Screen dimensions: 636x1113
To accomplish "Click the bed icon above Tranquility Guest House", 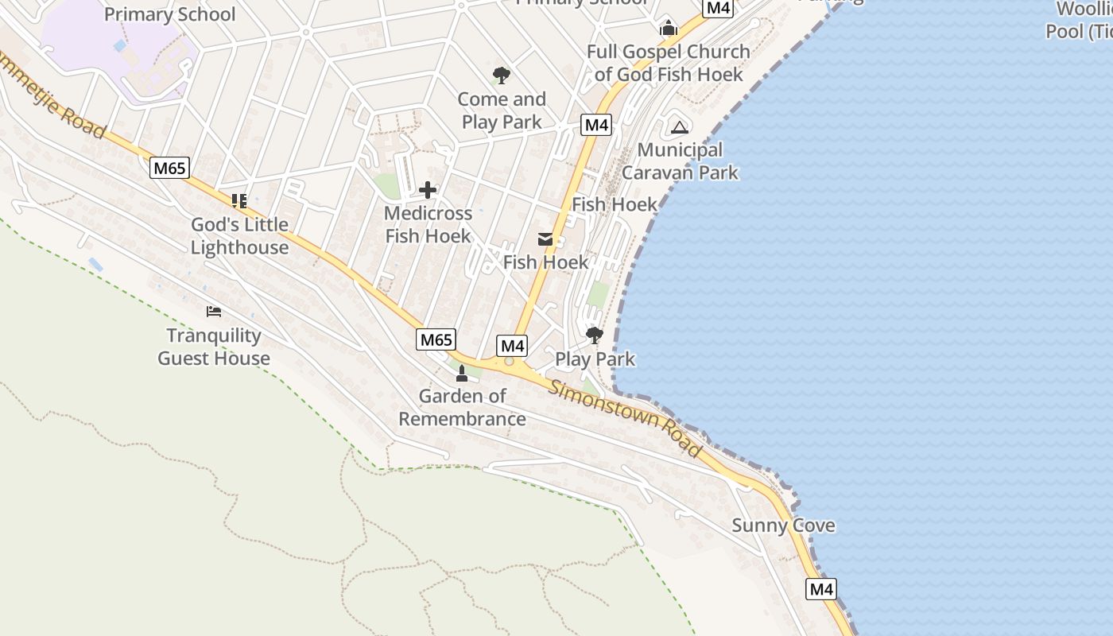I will pyautogui.click(x=213, y=311).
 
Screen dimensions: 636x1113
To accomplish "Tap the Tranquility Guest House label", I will pyautogui.click(x=214, y=347).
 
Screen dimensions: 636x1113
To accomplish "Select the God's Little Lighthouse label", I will pyautogui.click(x=239, y=236).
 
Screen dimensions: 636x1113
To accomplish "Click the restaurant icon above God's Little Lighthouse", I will pyautogui.click(x=238, y=200).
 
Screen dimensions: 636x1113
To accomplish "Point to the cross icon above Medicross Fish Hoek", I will pyautogui.click(x=428, y=190).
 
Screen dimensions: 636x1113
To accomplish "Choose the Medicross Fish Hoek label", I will pyautogui.click(x=428, y=225).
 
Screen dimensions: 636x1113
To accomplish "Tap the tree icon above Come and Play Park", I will pyautogui.click(x=501, y=76).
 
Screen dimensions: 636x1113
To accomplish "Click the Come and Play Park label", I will pyautogui.click(x=502, y=111).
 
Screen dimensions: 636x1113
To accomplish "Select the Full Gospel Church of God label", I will pyautogui.click(x=668, y=63).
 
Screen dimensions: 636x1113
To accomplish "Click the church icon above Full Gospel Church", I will pyautogui.click(x=668, y=29).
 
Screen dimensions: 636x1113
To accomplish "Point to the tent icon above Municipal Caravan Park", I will pyautogui.click(x=679, y=126).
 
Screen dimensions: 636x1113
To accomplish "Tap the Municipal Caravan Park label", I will pyautogui.click(x=680, y=161).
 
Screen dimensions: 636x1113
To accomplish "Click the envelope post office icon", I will pyautogui.click(x=545, y=239).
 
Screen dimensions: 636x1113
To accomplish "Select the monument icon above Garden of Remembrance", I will pyautogui.click(x=461, y=373).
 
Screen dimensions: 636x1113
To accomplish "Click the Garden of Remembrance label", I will pyautogui.click(x=462, y=407).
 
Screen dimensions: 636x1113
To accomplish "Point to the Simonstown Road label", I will pyautogui.click(x=626, y=419).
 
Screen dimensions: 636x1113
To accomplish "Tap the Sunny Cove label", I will pyautogui.click(x=783, y=525).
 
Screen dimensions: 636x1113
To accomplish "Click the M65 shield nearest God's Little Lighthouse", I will pyautogui.click(x=170, y=168).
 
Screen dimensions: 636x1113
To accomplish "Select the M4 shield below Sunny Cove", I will pyautogui.click(x=820, y=589).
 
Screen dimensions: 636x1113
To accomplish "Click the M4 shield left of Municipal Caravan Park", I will pyautogui.click(x=596, y=125).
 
